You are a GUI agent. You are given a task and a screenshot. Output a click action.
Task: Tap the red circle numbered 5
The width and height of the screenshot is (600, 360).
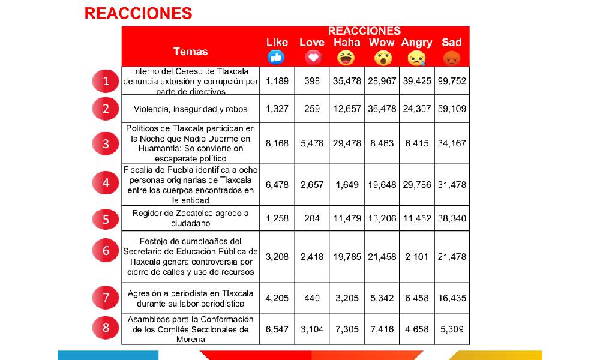(106, 219)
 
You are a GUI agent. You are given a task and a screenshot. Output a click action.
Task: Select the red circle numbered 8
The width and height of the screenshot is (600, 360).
(106, 328)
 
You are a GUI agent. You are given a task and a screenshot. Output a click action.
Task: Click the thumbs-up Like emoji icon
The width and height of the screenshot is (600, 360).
(276, 58)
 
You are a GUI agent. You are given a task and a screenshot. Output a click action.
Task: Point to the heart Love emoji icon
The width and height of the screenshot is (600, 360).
(312, 58)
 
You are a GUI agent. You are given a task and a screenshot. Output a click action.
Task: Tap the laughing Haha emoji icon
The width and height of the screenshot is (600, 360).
(347, 58)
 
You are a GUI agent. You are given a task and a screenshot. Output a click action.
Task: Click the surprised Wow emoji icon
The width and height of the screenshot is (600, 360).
(382, 58)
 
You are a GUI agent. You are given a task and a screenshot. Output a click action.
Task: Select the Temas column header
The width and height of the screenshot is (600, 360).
(190, 51)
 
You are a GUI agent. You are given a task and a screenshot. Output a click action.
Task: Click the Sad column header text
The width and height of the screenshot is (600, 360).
(451, 42)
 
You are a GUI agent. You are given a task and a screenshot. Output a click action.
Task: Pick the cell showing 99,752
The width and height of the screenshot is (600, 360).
(451, 81)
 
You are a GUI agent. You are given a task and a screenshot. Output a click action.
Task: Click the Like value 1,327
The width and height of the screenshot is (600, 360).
(277, 109)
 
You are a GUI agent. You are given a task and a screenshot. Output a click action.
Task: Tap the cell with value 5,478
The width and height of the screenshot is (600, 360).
(312, 143)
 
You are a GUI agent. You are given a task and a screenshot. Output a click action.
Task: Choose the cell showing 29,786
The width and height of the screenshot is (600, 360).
(416, 184)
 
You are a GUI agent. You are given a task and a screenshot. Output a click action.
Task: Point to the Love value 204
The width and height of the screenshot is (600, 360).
(312, 218)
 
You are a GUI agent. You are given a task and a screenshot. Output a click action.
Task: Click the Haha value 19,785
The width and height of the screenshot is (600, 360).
(347, 257)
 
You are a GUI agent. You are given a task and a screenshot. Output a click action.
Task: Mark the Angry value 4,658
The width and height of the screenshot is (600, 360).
(416, 329)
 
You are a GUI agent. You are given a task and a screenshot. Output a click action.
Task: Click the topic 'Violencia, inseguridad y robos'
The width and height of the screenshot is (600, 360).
(190, 109)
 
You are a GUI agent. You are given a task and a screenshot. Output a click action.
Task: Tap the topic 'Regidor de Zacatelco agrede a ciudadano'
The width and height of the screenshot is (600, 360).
(190, 218)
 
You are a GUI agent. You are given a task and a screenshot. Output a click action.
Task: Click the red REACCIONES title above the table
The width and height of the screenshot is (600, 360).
(138, 13)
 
